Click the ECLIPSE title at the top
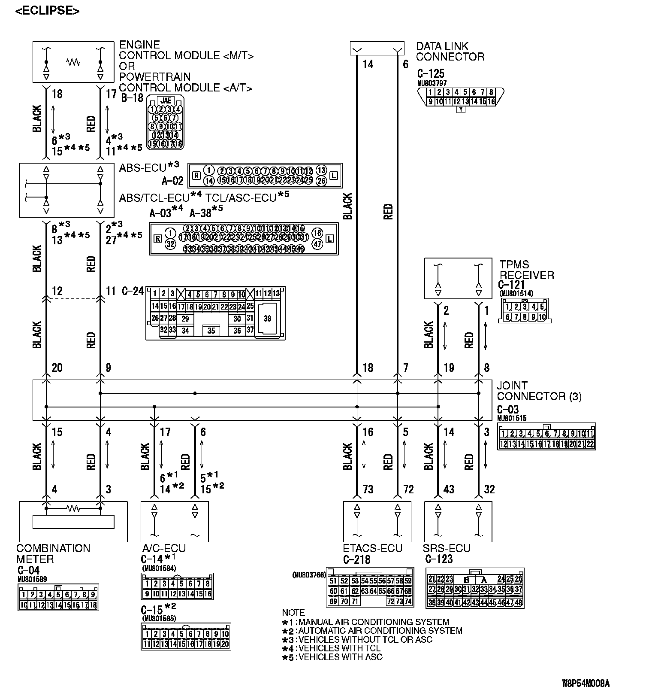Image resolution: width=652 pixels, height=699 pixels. coord(47,11)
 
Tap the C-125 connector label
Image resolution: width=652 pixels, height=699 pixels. coord(430,73)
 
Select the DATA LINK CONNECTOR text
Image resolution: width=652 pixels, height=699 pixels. coord(450,52)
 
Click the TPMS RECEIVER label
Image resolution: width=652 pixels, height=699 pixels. coord(526,270)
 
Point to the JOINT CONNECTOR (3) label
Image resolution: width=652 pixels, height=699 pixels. coord(539,391)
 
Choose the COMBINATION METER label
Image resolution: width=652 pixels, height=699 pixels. coord(53,553)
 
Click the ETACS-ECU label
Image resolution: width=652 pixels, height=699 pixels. coord(372,548)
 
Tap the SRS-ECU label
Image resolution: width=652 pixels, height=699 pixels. coord(446,548)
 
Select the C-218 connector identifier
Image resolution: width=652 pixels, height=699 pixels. coord(356,559)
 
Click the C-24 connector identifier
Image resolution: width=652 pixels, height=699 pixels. coord(133,291)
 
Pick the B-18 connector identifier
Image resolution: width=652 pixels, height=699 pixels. coord(132,98)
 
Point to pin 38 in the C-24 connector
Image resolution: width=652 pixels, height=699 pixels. coord(267,319)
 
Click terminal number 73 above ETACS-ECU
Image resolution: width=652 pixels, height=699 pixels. coord(368,489)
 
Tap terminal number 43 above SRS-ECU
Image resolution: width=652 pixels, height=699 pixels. coord(449,489)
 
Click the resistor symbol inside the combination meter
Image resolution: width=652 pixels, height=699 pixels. coord(73,508)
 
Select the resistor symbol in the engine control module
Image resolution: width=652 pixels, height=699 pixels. coord(73,62)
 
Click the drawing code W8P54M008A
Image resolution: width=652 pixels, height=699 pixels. coord(586,683)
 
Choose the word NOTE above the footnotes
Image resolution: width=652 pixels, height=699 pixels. coord(293,612)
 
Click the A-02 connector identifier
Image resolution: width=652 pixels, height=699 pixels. coord(173,181)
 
